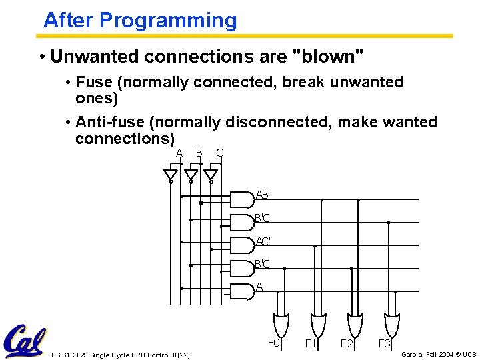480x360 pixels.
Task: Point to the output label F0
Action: [273, 343]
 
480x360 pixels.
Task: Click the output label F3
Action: [385, 344]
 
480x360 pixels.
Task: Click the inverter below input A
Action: [171, 175]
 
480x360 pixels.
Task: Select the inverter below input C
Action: [211, 175]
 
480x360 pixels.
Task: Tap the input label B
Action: [199, 153]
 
